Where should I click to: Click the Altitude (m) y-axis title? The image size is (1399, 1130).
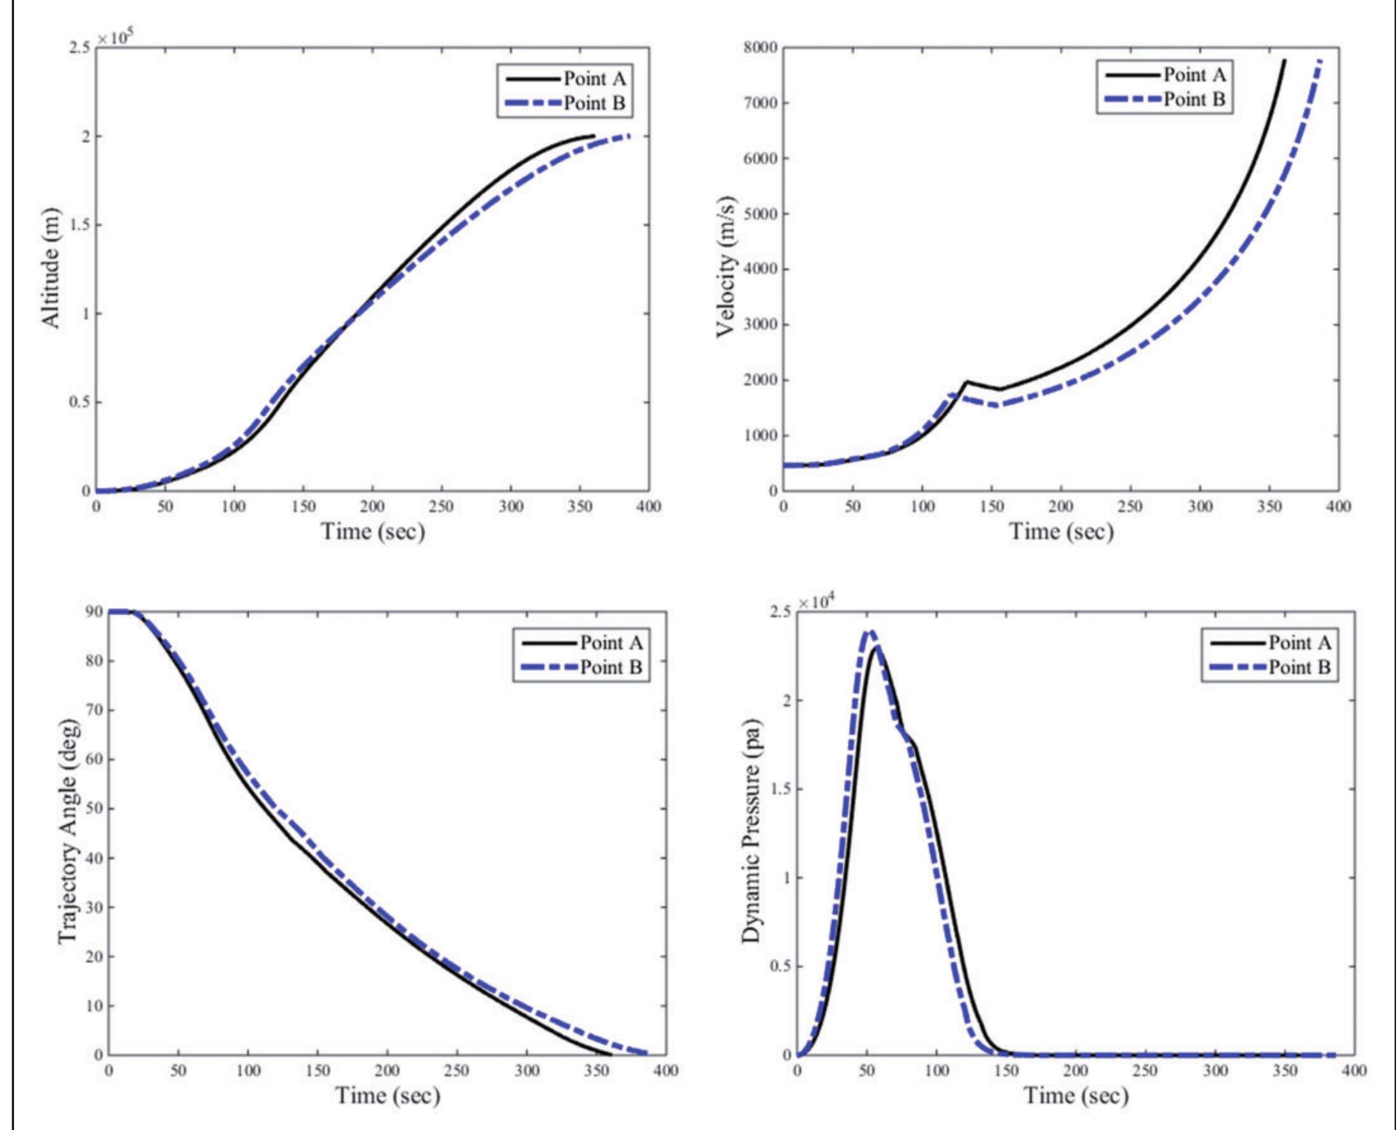50,268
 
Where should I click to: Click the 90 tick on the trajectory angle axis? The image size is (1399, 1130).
93,612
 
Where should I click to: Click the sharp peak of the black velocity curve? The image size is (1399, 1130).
966,382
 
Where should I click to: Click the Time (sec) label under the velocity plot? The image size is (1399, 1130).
1061,531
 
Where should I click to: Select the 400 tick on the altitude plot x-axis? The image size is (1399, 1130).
649,507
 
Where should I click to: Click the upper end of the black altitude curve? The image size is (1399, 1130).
594,136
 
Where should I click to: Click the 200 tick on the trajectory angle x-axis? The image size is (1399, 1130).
387,1071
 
